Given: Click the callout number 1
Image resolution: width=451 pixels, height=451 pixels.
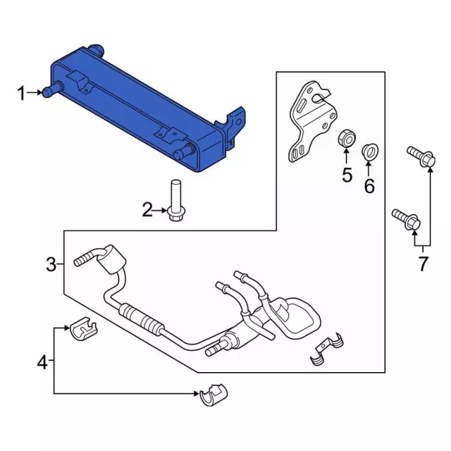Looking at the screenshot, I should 21,92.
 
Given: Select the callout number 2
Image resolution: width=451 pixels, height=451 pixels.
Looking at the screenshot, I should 147,209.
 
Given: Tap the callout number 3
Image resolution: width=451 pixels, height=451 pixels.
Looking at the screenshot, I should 51,265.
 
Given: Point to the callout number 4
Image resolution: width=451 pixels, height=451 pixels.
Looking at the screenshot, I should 43,363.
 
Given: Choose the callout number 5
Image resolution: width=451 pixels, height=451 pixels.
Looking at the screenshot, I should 347,175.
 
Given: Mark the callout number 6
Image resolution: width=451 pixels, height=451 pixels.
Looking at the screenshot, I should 369,186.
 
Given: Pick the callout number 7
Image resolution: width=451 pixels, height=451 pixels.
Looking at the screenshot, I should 423,264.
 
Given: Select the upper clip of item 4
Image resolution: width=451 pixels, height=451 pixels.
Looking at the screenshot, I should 83,327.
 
